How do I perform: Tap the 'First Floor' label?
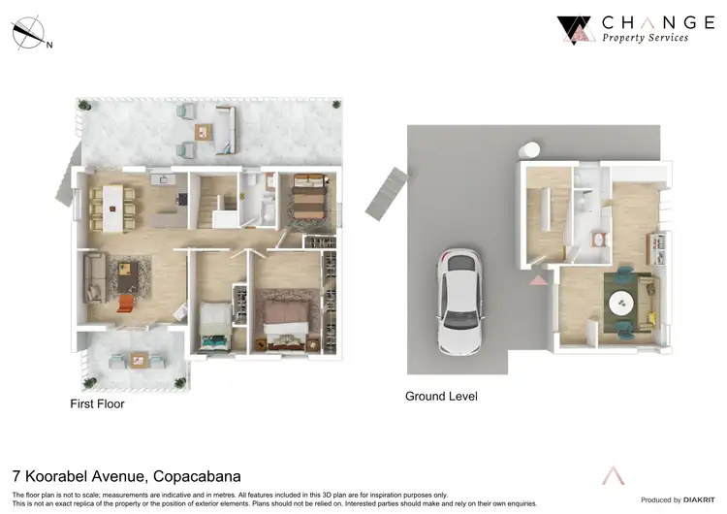tap(97, 403)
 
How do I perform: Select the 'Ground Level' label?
tap(441, 397)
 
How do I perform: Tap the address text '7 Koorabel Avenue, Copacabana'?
tap(126, 476)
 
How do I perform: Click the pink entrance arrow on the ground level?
tap(537, 280)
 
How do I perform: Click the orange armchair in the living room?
tap(124, 304)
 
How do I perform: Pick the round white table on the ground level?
tap(619, 304)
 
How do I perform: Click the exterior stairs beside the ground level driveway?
tap(386, 193)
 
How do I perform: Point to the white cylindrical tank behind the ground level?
tap(531, 152)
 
